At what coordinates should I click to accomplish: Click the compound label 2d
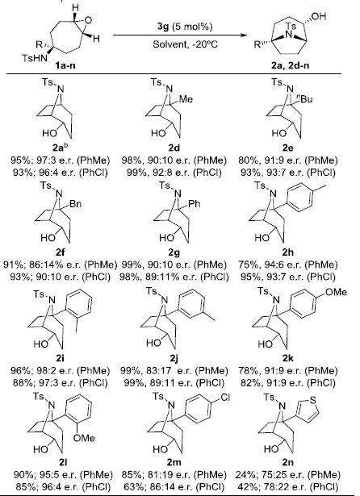174,148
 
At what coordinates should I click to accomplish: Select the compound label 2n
288,462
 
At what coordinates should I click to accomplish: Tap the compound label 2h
288,252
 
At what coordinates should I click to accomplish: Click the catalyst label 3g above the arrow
163,27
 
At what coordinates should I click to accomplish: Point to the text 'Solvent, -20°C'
185,44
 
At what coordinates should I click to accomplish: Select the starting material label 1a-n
65,66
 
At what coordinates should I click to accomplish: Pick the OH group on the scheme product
319,16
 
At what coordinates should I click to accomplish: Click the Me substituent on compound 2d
186,99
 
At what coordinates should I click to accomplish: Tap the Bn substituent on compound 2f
75,203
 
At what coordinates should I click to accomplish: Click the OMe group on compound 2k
336,292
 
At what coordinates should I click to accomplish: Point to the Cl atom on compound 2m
225,398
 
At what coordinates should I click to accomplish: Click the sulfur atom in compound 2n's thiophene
313,400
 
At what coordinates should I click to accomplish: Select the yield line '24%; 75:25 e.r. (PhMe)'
288,475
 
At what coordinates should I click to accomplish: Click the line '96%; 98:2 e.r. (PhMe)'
61,370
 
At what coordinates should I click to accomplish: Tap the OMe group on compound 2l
84,438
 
